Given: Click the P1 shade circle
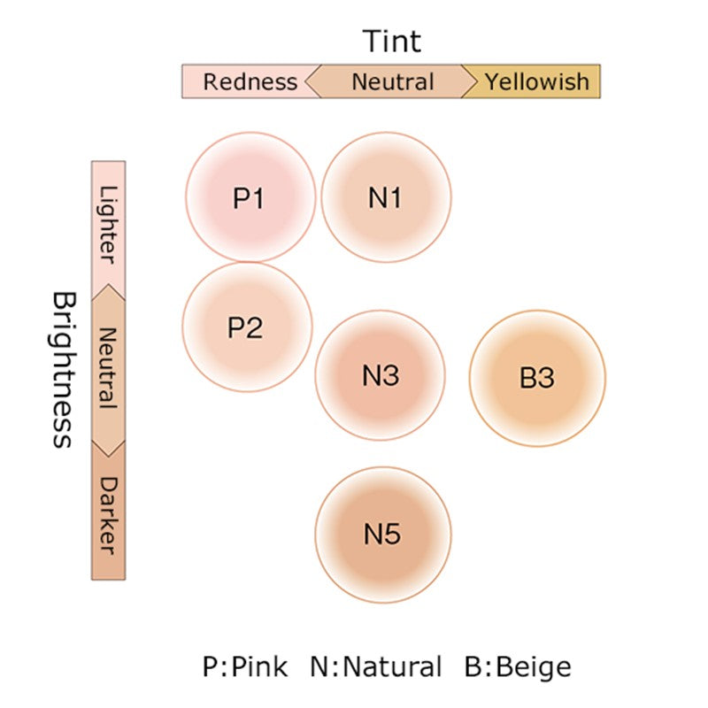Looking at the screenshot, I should [x=250, y=197].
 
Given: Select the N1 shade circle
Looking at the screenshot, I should [x=386, y=197].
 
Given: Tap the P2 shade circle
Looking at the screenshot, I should [x=247, y=327].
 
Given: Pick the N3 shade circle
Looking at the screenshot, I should [x=381, y=375].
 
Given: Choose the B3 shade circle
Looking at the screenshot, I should [x=537, y=377].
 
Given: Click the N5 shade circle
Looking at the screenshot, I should [x=382, y=534].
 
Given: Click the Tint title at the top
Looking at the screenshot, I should [x=392, y=41].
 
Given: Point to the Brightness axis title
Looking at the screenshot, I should [x=62, y=369].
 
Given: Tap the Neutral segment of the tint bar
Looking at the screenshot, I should [x=392, y=81].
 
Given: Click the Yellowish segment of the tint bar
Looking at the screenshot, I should [x=535, y=81].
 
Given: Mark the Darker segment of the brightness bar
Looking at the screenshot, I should [x=109, y=513].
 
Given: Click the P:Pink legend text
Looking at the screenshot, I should [x=245, y=666].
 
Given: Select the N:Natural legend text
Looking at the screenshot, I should [x=376, y=666].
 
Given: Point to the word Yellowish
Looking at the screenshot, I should [x=537, y=81].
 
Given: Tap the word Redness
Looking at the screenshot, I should [x=250, y=81].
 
